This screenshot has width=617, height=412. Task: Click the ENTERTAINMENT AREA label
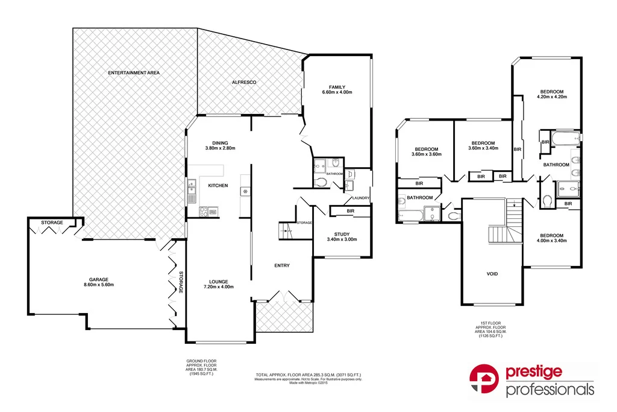pyautogui.click(x=134, y=72)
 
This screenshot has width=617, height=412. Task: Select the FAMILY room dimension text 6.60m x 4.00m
pyautogui.click(x=337, y=92)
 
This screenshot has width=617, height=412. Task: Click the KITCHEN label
pyautogui.click(x=218, y=185)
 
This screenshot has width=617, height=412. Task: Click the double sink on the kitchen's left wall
pyautogui.click(x=191, y=192)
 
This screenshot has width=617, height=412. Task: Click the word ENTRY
pyautogui.click(x=281, y=265)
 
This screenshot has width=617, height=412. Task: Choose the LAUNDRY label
pyautogui.click(x=360, y=198)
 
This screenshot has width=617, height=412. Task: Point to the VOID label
pyautogui.click(x=492, y=274)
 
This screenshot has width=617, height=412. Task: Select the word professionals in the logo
pyautogui.click(x=550, y=390)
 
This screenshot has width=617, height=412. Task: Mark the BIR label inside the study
pyautogui.click(x=350, y=211)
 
